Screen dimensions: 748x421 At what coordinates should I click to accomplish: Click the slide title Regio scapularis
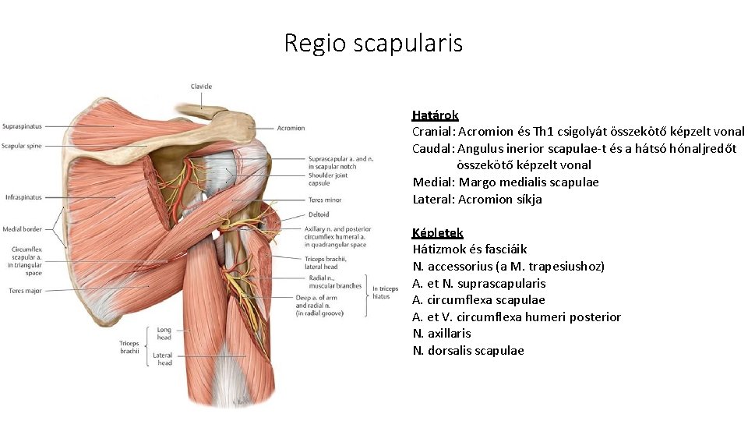coord(373,42)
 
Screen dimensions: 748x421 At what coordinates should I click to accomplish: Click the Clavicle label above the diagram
coord(201,87)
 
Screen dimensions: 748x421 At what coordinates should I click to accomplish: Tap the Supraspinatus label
coord(22,126)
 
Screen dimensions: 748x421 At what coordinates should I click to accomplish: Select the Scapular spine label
coord(22,146)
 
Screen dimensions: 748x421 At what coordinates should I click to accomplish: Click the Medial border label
coord(22,229)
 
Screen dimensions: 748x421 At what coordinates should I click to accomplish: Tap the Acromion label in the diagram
coord(291,128)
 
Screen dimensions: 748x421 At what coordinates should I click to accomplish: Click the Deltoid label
coord(319,214)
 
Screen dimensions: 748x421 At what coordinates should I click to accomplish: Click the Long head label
coord(164,334)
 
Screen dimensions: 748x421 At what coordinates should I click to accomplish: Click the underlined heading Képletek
coord(437,233)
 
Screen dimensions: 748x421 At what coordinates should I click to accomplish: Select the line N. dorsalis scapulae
coord(468,351)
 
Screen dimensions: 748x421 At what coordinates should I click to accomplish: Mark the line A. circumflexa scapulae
coord(478,300)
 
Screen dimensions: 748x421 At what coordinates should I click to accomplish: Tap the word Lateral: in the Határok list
coord(433,200)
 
